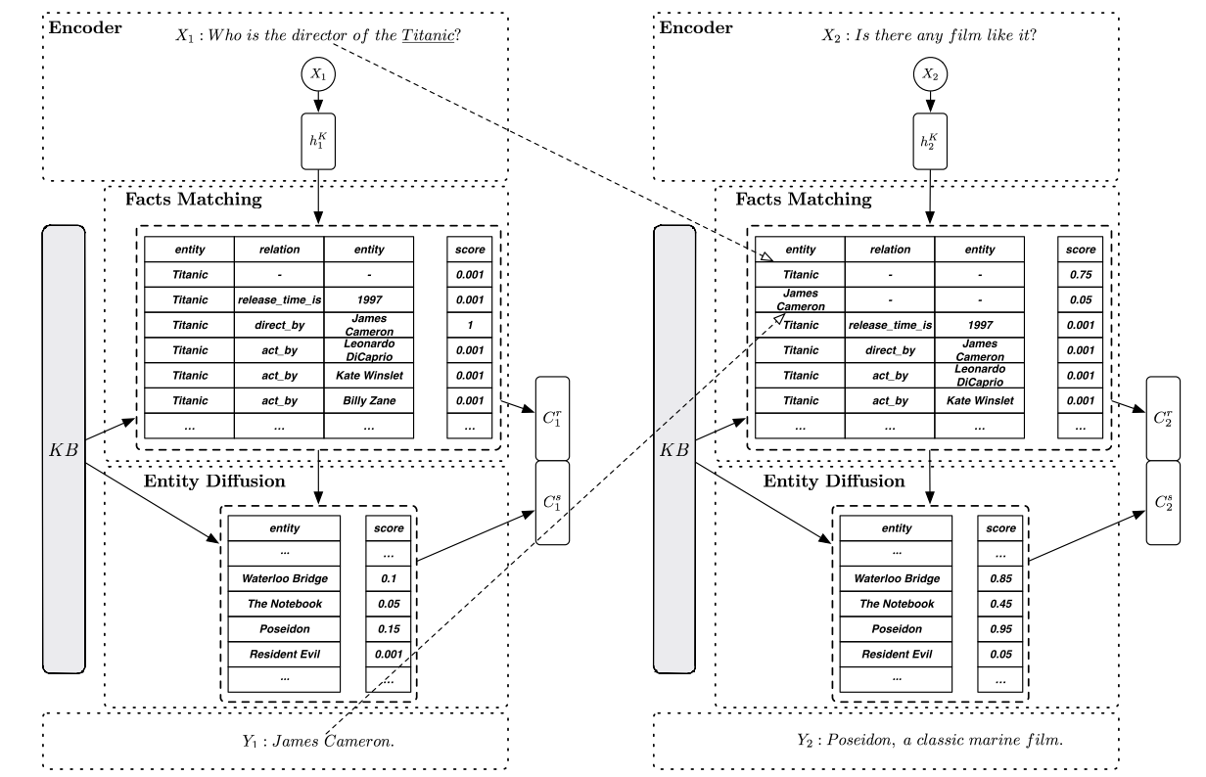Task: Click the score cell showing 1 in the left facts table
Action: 467,325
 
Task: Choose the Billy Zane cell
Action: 368,401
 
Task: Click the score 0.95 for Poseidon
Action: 996,629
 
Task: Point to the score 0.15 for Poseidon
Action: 385,629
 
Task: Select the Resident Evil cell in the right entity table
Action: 895,655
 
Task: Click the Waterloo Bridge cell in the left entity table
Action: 284,578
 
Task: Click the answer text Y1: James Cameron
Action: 319,741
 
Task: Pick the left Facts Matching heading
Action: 193,200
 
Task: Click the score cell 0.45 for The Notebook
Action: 996,604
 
